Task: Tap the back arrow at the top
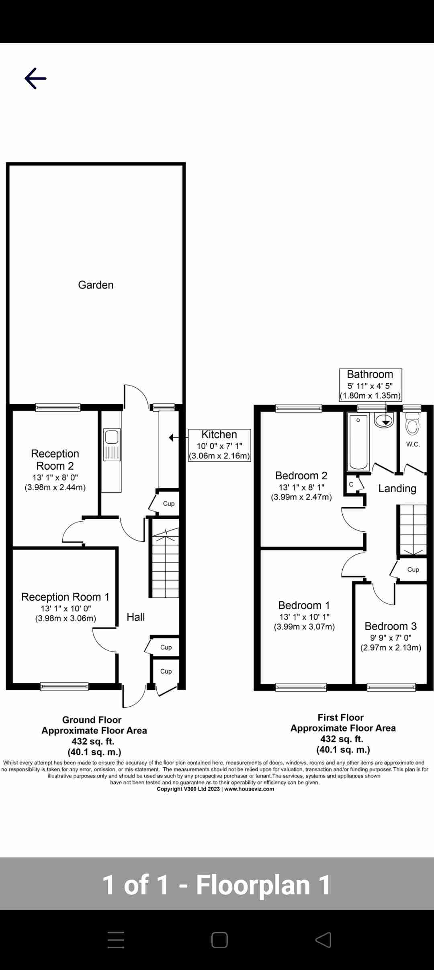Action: (35, 78)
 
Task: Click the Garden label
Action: (96, 285)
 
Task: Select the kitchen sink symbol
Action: (111, 445)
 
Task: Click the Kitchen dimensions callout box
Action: (219, 445)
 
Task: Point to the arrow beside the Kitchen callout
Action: (174, 438)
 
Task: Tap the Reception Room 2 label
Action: (55, 460)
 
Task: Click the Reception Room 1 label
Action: (66, 597)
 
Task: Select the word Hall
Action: (136, 617)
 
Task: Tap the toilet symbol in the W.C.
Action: (412, 423)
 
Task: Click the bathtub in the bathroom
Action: (358, 442)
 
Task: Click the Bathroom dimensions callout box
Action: (370, 385)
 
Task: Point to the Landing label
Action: (397, 489)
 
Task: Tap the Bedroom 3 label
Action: (391, 626)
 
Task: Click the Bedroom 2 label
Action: (301, 476)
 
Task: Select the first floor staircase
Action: (412, 530)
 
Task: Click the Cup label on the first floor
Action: (413, 569)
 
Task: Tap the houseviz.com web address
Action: (249, 789)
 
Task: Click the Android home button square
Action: (219, 940)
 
